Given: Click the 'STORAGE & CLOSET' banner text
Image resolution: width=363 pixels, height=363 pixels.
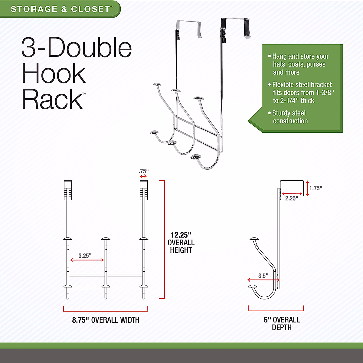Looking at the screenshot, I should click(60, 9).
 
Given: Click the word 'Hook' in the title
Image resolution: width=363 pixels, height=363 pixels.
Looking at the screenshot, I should click(54, 74).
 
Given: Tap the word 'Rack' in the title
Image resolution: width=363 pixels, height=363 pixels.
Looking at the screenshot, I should click(52, 99).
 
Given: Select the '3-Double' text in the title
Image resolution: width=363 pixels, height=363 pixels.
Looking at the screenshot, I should click(77, 48).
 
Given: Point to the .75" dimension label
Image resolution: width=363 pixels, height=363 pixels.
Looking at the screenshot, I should click(143, 171).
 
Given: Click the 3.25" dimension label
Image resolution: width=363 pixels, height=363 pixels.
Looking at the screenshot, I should click(85, 256).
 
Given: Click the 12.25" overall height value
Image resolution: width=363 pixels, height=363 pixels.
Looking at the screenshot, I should click(181, 235).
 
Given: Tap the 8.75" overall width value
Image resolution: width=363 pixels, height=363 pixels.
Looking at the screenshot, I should click(80, 320).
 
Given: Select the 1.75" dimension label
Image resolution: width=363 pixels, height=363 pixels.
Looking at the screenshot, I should click(316, 188).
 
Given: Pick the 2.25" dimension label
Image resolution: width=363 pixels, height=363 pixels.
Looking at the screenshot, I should click(292, 198).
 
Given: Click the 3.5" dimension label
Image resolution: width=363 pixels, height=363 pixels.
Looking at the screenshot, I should click(263, 276).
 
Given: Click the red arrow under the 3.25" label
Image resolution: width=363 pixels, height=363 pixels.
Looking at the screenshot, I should click(87, 260).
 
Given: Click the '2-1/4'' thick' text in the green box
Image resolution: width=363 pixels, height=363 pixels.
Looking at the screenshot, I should click(294, 101).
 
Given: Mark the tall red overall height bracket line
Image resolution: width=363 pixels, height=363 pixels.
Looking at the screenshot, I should click(164, 239).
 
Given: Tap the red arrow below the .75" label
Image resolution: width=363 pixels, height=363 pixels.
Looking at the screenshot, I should click(143, 176).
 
